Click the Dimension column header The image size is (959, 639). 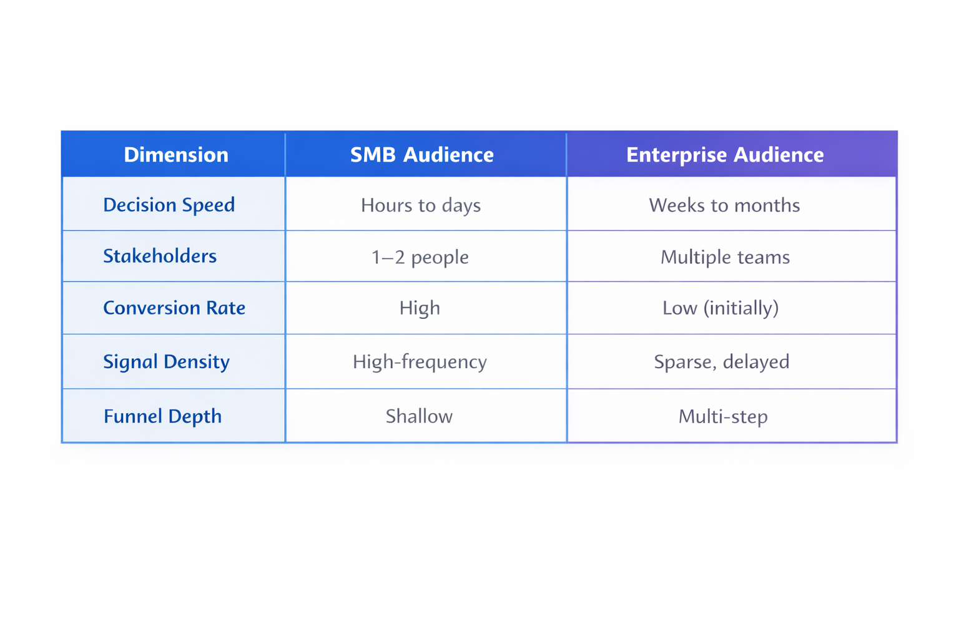pos(176,155)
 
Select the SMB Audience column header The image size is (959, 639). pos(421,155)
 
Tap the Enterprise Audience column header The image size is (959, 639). pos(725,155)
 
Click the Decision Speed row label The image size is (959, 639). pos(169,205)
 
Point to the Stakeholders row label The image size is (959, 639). pos(160,256)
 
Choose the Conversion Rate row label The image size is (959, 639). pos(174,308)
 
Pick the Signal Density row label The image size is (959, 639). pos(166,361)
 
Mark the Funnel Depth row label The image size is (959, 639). pos(162,416)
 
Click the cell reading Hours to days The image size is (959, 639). pos(421,205)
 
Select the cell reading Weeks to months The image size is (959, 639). pos(724,205)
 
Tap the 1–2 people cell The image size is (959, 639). pos(420,257)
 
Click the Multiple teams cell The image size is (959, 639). pos(725,257)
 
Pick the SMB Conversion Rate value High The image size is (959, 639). pos(420,308)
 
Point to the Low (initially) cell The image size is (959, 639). pos(720,308)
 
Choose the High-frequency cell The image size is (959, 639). pos(420,362)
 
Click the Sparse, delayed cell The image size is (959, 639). pos(721,362)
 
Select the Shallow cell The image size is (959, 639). pos(419,416)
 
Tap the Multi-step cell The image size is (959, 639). pos(723,416)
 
